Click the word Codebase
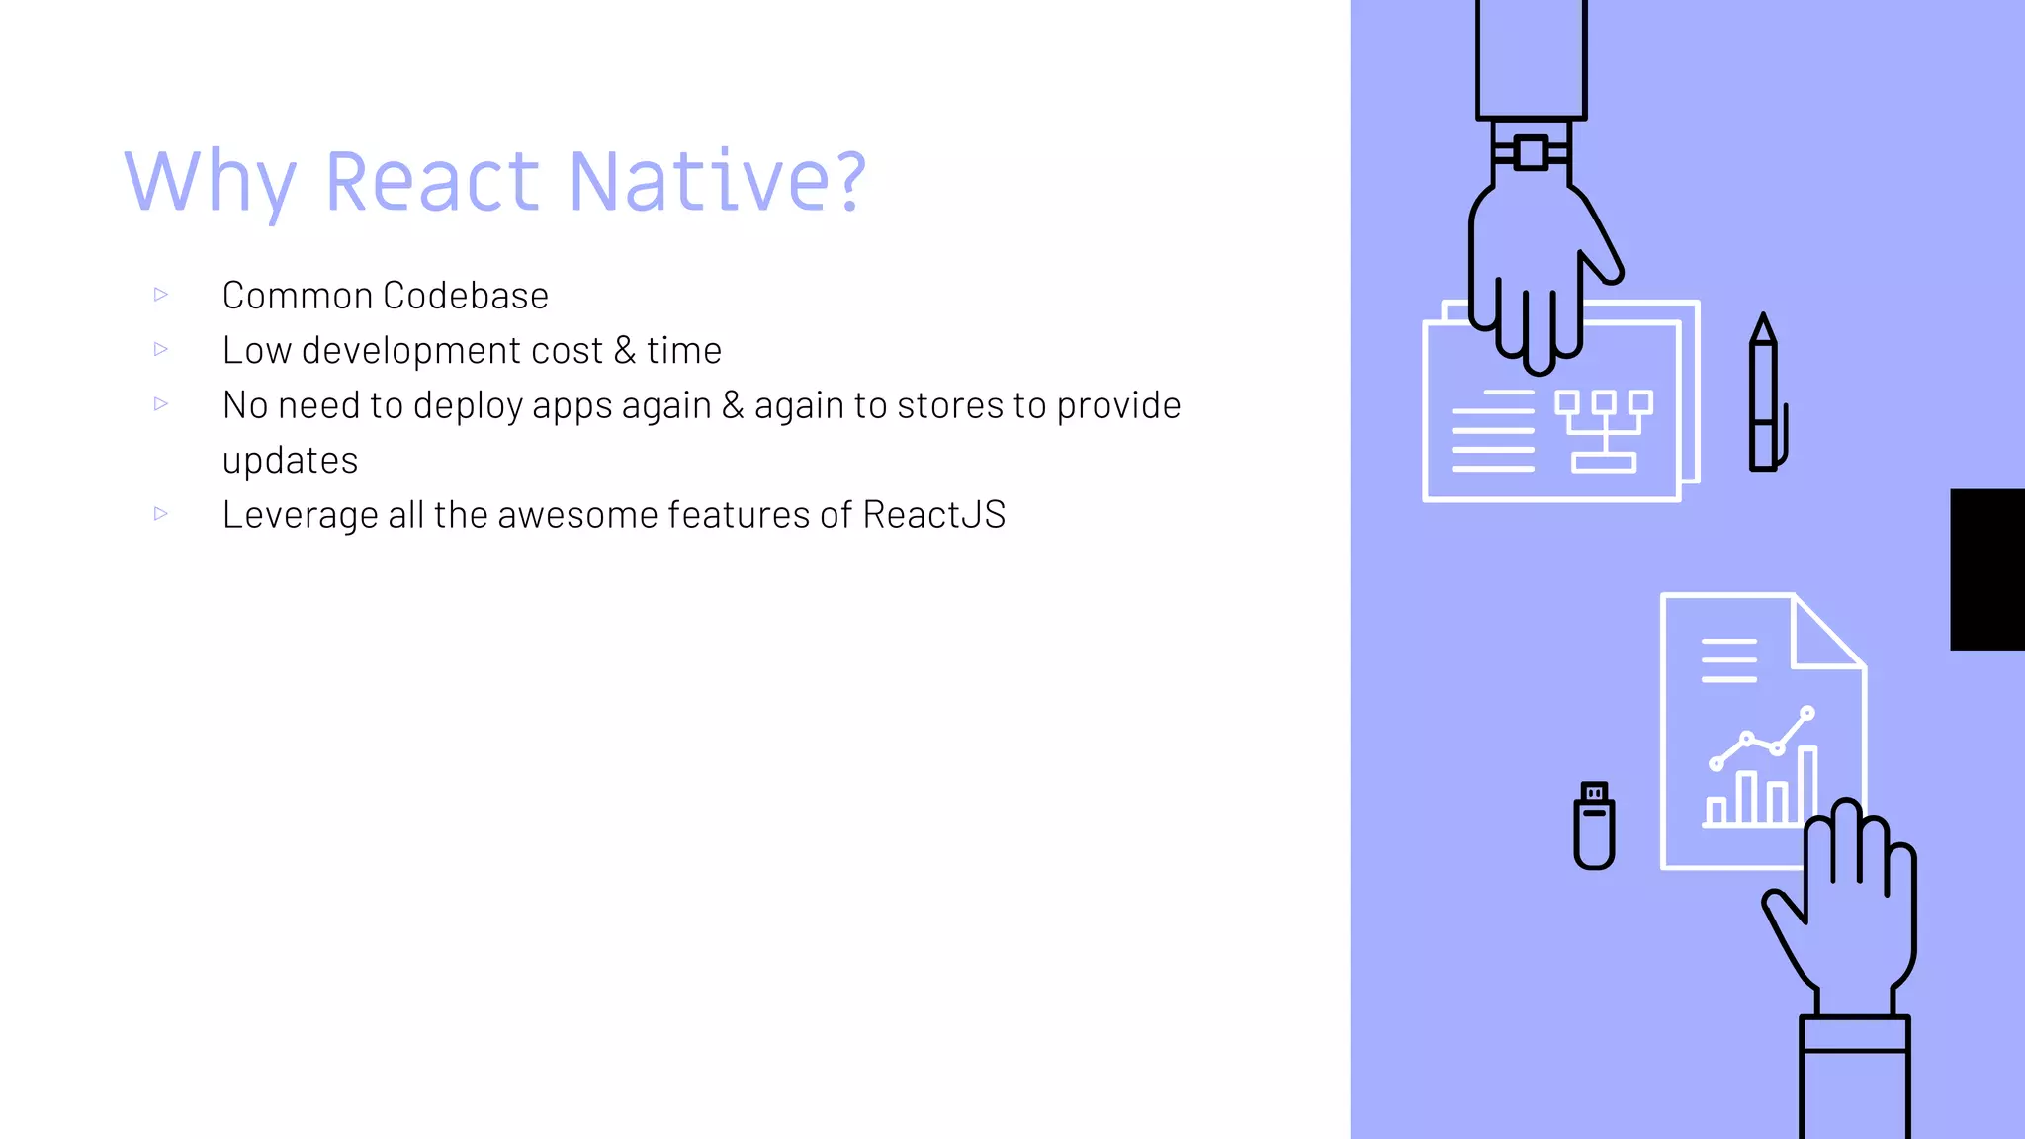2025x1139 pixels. (x=466, y=296)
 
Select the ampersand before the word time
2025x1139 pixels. (x=624, y=350)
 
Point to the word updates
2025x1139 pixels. (x=290, y=461)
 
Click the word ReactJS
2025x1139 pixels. (x=933, y=515)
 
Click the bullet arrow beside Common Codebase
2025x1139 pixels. (x=161, y=294)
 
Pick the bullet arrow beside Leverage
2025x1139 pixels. (x=161, y=513)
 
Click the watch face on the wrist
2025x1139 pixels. (x=1531, y=153)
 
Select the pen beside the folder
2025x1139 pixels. (x=1764, y=395)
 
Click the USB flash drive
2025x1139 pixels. (x=1594, y=827)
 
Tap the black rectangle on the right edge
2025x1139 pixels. (x=1986, y=569)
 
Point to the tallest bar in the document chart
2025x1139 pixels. (x=1807, y=785)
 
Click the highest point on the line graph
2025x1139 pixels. (x=1807, y=712)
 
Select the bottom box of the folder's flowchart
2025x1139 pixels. (x=1604, y=462)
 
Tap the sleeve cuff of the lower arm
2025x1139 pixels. (x=1854, y=1033)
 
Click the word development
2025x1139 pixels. (x=452, y=351)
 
